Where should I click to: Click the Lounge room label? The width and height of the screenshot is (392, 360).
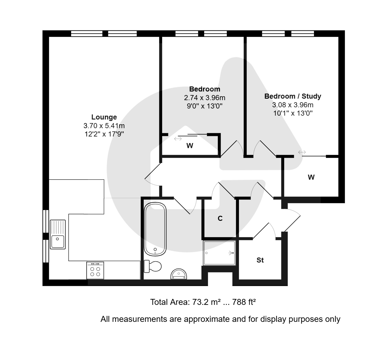point(104,117)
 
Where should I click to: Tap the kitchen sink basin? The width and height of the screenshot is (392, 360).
point(58,242)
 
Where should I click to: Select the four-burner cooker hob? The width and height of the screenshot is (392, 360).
point(95,271)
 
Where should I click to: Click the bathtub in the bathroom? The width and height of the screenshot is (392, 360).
point(155,229)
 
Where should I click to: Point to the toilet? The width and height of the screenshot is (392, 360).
point(153,266)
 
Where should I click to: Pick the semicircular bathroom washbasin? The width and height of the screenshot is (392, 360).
point(179,274)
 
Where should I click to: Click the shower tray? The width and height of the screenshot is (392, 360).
point(219,253)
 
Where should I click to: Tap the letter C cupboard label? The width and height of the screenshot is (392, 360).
point(220,218)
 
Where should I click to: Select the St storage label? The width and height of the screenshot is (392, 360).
point(260,260)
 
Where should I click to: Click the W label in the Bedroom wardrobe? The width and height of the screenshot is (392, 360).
point(190,145)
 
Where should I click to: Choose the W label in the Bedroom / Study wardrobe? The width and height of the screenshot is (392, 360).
point(311,177)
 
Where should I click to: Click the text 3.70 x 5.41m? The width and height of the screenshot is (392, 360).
point(104,125)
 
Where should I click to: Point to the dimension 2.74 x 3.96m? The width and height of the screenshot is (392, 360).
point(204,98)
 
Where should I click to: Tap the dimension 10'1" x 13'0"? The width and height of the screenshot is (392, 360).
point(293,113)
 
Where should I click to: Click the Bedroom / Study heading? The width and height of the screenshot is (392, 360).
point(293,96)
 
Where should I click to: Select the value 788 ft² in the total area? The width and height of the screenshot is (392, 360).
point(244,302)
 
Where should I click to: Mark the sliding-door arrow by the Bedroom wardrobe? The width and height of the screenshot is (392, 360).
point(178,139)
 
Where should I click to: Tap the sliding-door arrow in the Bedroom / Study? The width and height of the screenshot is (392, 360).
point(302,152)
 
